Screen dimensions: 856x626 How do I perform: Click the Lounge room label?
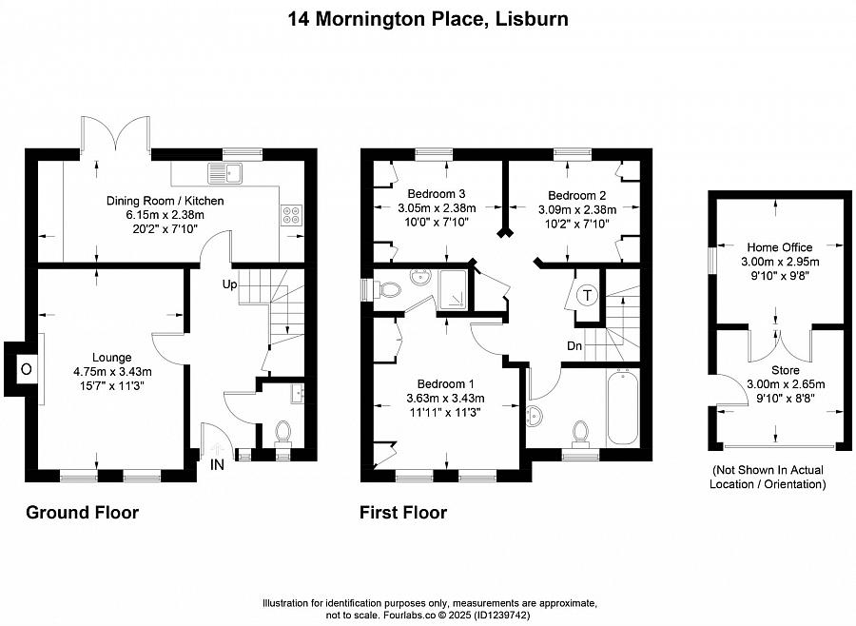111,358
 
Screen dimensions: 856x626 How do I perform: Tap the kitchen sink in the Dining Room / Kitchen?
224,173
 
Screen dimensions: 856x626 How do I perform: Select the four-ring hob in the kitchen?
291,214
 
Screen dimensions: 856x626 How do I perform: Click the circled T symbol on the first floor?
587,296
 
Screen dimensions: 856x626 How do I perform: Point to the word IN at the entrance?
217,465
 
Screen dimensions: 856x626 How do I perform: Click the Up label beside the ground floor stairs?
229,284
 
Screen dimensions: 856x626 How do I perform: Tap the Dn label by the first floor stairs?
574,345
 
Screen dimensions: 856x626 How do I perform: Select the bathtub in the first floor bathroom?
623,407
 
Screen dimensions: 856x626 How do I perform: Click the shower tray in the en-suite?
452,289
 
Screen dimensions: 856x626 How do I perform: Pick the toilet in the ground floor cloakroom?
282,433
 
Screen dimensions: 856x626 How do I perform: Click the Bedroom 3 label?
437,194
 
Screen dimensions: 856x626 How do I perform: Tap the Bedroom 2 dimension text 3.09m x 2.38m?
577,209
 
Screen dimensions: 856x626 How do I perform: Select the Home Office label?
780,247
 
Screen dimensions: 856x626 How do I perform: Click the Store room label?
786,370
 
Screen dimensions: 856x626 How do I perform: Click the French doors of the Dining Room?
115,134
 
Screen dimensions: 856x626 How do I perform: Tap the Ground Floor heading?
83,513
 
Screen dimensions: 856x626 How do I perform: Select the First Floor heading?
403,513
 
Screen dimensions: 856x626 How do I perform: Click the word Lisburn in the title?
532,19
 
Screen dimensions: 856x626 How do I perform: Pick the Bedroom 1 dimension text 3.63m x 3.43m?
445,399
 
